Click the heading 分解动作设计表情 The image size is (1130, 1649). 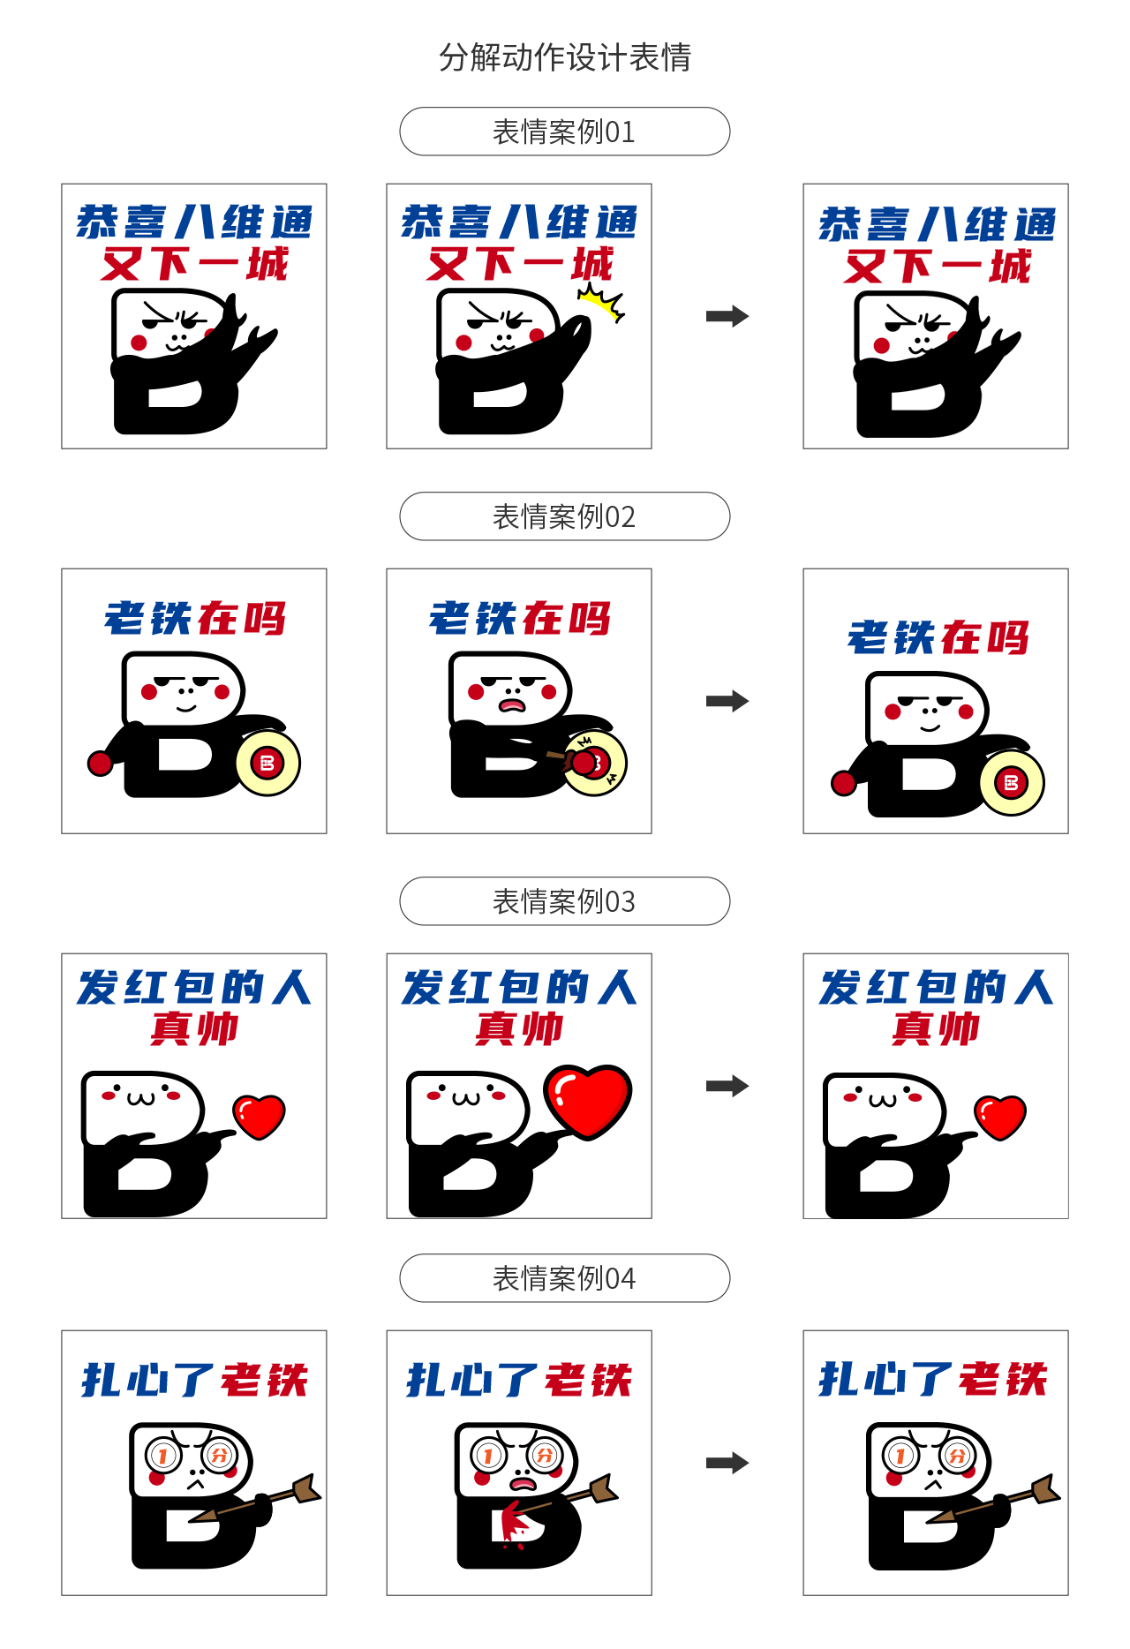(x=565, y=57)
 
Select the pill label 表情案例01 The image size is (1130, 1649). (x=565, y=132)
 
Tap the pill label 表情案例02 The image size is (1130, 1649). (x=565, y=516)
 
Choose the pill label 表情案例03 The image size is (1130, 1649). (x=565, y=901)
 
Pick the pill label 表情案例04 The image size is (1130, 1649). (x=565, y=1278)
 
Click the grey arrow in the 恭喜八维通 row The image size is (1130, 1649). (x=727, y=316)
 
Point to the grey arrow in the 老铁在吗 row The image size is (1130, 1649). (x=727, y=701)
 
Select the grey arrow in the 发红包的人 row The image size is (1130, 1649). (x=727, y=1086)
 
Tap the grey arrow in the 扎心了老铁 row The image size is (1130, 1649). (x=727, y=1463)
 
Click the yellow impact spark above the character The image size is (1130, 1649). (x=602, y=303)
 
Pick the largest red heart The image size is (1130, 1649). (x=588, y=1100)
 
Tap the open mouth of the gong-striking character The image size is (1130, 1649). (x=512, y=704)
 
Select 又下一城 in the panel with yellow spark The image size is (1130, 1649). (x=519, y=264)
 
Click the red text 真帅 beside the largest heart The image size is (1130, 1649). (x=519, y=1028)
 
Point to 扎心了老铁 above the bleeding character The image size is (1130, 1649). (x=519, y=1380)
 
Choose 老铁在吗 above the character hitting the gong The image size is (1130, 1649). (x=519, y=619)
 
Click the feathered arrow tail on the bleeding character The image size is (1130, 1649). (x=603, y=1489)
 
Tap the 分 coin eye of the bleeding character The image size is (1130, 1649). (x=546, y=1455)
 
